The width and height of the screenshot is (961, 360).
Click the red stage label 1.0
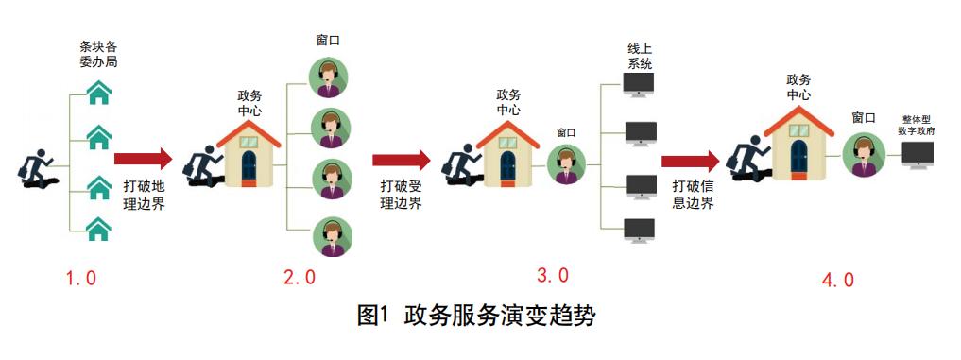[x=79, y=279]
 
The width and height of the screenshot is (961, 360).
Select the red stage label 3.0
[x=553, y=276]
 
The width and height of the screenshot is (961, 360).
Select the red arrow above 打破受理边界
[x=402, y=160]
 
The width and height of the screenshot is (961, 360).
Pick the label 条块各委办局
[x=98, y=54]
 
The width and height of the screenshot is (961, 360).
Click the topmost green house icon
[x=98, y=94]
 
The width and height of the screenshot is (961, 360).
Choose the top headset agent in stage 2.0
[x=330, y=77]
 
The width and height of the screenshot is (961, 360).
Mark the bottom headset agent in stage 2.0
[x=331, y=236]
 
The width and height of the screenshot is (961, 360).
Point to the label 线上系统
[x=640, y=56]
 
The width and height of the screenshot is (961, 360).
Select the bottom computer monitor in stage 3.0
[x=640, y=229]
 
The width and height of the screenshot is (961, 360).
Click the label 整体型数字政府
[x=917, y=126]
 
